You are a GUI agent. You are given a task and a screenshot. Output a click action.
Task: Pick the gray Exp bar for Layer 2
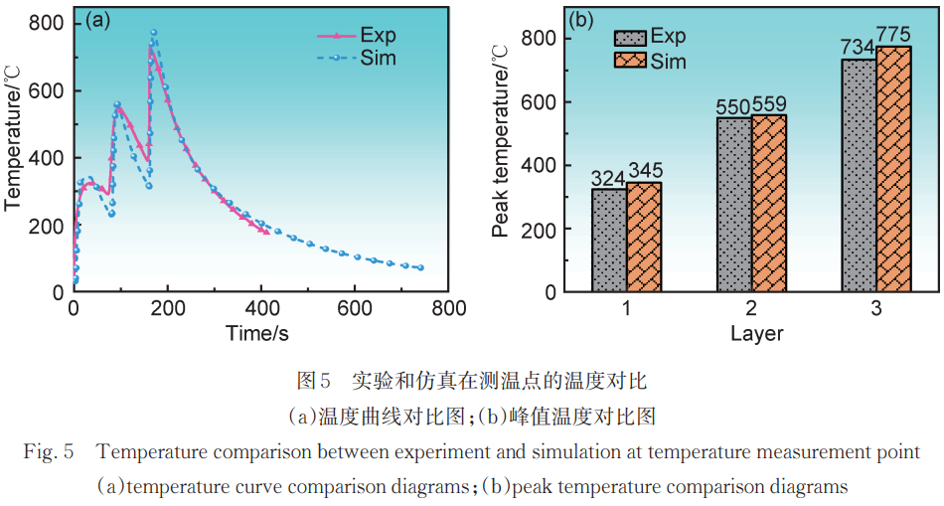click(x=733, y=204)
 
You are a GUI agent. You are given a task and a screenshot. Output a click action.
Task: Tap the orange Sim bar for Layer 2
click(x=768, y=203)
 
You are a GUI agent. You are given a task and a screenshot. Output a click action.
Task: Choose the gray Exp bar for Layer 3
click(x=859, y=175)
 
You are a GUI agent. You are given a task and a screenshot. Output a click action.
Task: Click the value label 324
click(x=609, y=178)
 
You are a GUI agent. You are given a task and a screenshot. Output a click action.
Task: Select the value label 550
click(x=733, y=106)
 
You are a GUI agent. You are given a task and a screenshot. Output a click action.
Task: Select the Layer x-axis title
click(x=756, y=333)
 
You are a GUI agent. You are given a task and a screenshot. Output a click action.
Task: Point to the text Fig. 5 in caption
click(x=50, y=452)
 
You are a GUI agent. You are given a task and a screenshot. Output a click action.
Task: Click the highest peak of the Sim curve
click(x=154, y=32)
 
